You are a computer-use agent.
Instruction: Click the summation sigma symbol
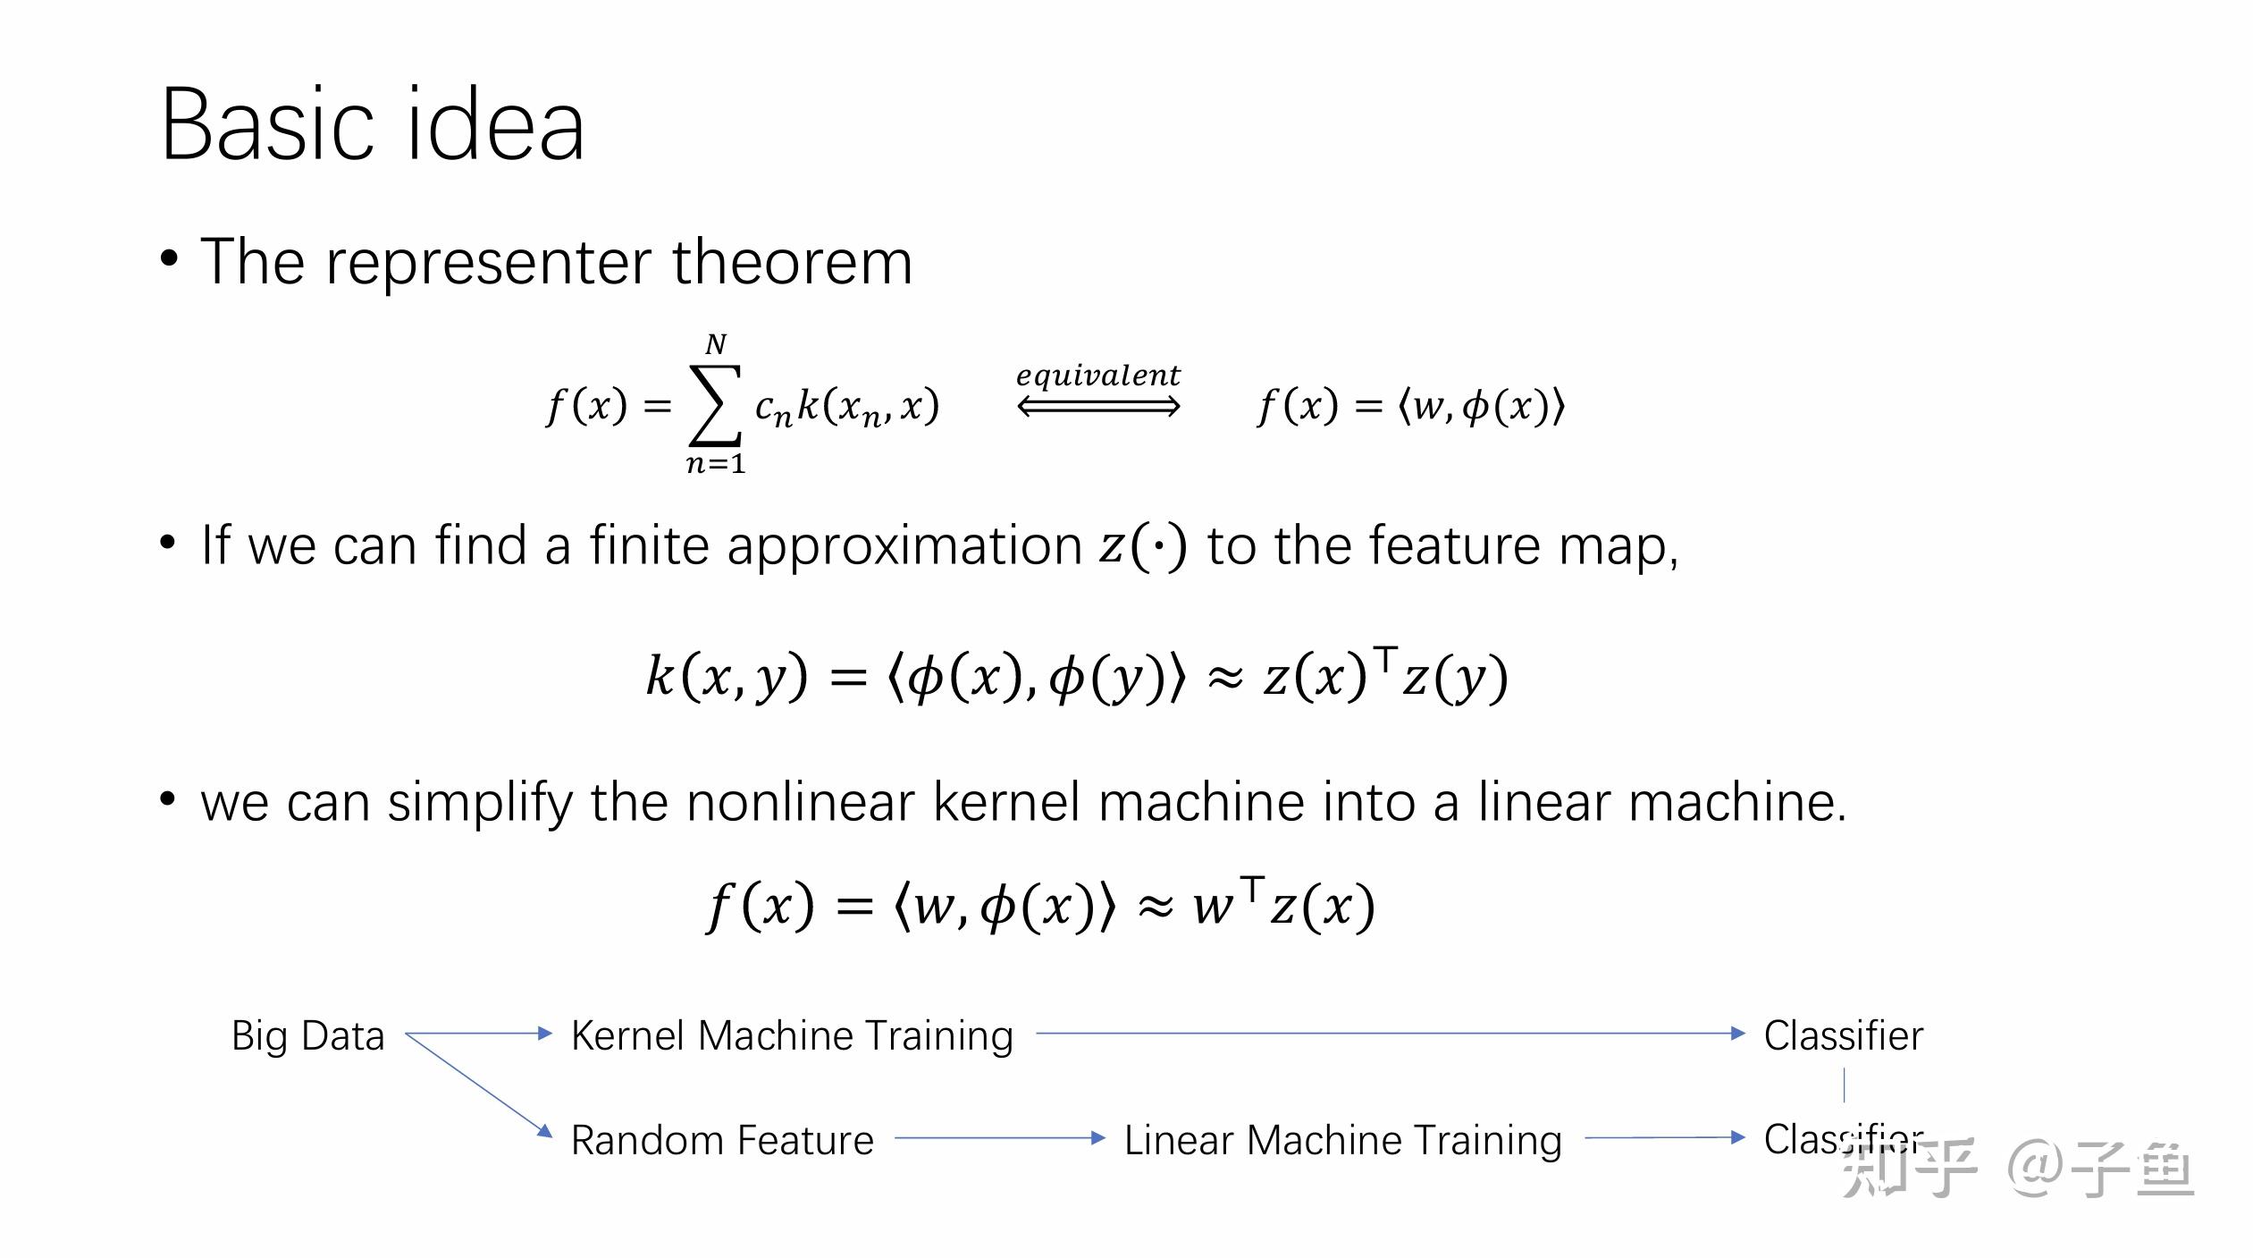715,405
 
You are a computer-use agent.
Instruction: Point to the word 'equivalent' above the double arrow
1098,376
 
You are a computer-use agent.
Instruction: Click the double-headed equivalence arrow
1098,408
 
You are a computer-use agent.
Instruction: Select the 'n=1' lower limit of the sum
716,464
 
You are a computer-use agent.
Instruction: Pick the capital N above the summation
716,344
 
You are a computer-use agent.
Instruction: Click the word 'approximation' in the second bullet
904,545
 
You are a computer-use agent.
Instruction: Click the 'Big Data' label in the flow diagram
307,1035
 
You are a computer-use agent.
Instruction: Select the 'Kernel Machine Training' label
792,1035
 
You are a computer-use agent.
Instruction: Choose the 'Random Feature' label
722,1140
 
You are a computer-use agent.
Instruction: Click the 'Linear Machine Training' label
1342,1140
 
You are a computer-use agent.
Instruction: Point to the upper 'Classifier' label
1843,1035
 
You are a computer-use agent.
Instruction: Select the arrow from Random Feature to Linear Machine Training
999,1138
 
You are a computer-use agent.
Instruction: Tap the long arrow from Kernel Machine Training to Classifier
1390,1034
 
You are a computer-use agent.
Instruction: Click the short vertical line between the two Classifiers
1844,1086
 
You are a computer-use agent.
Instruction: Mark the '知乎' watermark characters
1909,1169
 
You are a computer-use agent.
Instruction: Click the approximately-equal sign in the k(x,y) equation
1224,678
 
